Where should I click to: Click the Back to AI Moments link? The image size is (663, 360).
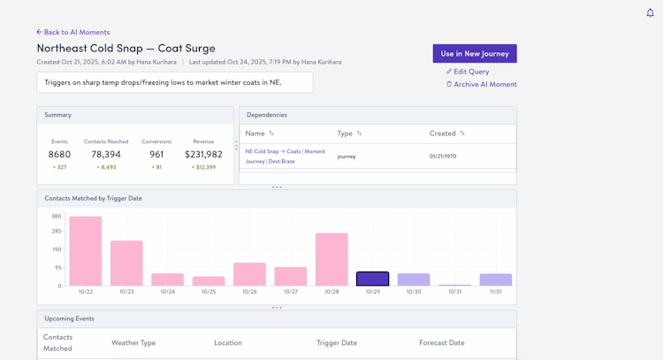click(73, 32)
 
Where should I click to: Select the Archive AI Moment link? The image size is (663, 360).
click(484, 84)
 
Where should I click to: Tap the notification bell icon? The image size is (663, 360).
click(650, 12)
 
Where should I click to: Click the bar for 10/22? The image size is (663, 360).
click(86, 251)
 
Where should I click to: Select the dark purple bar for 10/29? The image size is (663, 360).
click(372, 279)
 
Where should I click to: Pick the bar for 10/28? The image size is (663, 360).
click(331, 259)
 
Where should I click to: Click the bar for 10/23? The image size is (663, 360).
click(126, 263)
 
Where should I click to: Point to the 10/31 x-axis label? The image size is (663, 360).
click(454, 292)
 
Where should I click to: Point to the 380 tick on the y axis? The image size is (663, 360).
click(56, 216)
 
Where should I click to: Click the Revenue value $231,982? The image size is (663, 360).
click(203, 154)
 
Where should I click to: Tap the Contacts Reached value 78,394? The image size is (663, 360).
click(106, 154)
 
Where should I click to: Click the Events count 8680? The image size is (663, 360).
click(59, 154)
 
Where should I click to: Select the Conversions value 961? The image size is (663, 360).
click(156, 154)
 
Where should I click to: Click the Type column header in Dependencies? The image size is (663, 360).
click(345, 134)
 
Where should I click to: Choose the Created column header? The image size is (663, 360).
click(443, 134)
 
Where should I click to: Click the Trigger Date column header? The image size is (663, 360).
click(337, 342)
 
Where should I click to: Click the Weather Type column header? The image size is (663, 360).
click(133, 342)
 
